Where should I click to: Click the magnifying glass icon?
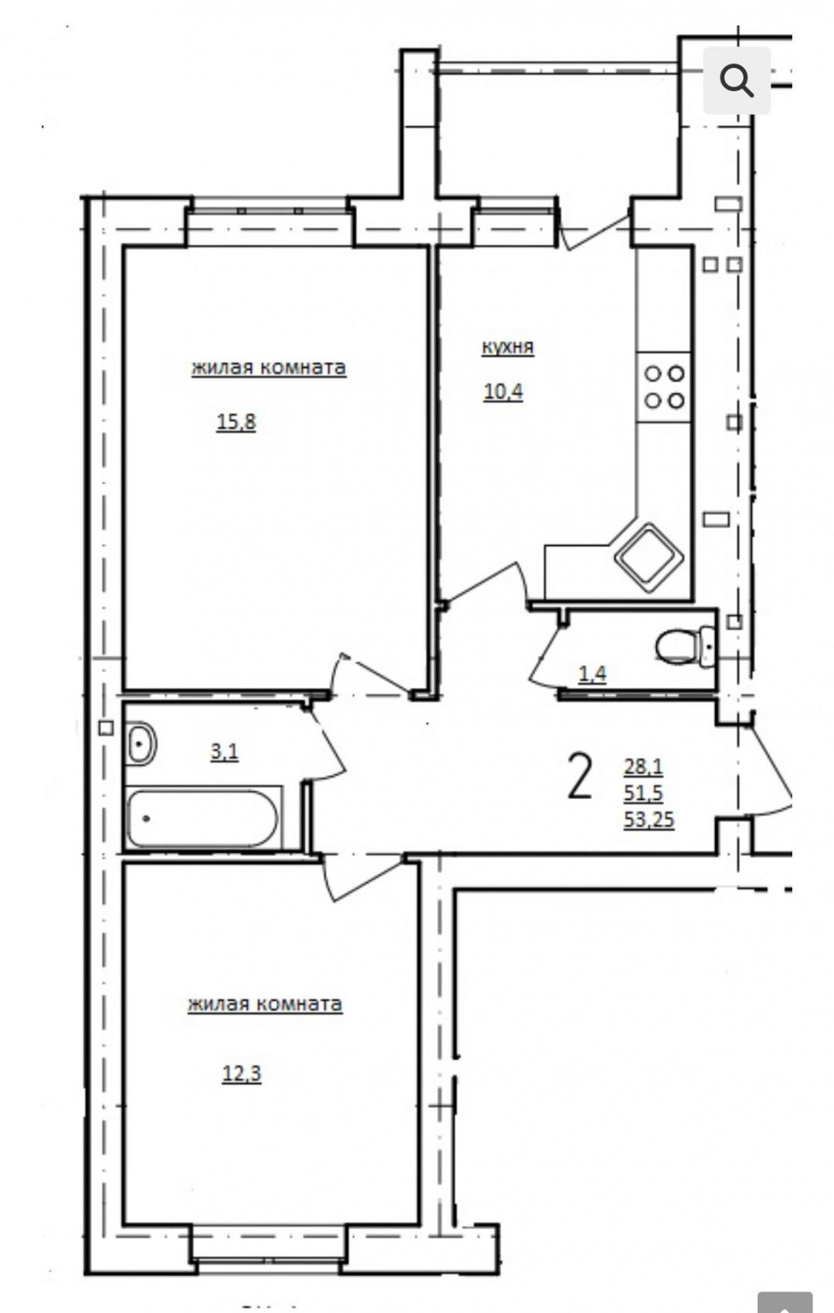pyautogui.click(x=736, y=80)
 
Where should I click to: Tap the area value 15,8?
pyautogui.click(x=236, y=421)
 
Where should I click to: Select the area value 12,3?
pyautogui.click(x=242, y=1074)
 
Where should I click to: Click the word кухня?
pyautogui.click(x=508, y=347)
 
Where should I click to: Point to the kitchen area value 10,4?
pyautogui.click(x=503, y=391)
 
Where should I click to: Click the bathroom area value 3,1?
pyautogui.click(x=225, y=751)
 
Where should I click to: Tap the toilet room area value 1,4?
pyautogui.click(x=592, y=674)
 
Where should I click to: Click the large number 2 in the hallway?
pyautogui.click(x=580, y=777)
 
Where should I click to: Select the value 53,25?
pyautogui.click(x=649, y=819)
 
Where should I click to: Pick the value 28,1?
pyautogui.click(x=643, y=766)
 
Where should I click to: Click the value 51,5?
pyautogui.click(x=643, y=793)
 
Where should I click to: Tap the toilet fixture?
pyautogui.click(x=686, y=647)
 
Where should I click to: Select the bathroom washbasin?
pyautogui.click(x=141, y=743)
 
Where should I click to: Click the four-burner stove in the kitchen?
pyautogui.click(x=664, y=387)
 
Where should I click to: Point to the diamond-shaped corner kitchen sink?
pyautogui.click(x=649, y=557)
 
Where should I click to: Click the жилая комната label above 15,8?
pyautogui.click(x=269, y=369)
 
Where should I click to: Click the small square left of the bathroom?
pyautogui.click(x=106, y=728)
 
